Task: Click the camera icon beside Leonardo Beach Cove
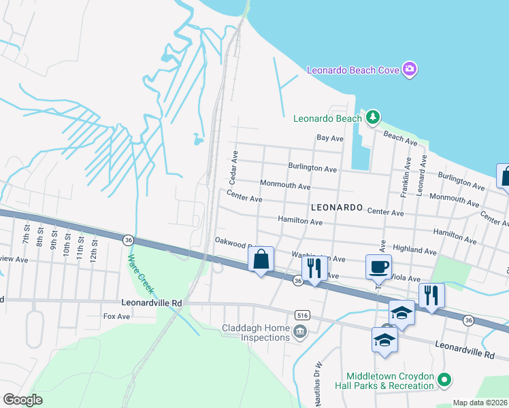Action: [410, 69]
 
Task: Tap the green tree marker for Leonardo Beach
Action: [372, 118]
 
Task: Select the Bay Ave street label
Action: [330, 138]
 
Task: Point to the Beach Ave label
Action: [400, 139]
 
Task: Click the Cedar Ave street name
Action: [233, 169]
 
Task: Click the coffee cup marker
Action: [378, 266]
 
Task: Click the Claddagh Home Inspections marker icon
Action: [300, 332]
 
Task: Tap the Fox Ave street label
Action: [116, 316]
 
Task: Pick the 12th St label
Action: [94, 248]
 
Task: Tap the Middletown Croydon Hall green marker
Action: [444, 379]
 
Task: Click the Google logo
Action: [22, 400]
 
